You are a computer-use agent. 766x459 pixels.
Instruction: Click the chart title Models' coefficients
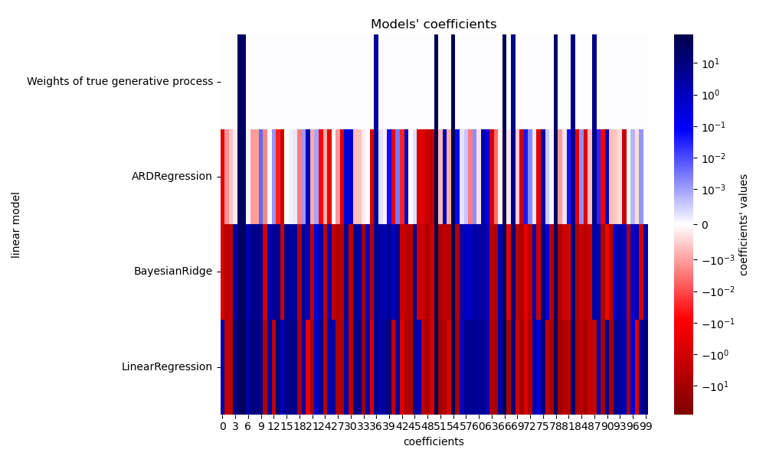pos(434,24)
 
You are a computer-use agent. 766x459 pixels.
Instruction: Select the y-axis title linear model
pos(16,225)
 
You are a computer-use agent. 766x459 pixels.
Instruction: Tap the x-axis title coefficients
pos(434,441)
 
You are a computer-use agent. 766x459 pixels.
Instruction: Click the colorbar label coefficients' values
pos(744,225)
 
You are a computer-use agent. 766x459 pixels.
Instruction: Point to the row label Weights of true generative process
pos(119,81)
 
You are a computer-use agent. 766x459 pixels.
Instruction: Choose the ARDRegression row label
pos(172,177)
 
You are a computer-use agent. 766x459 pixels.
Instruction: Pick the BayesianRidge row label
pos(172,272)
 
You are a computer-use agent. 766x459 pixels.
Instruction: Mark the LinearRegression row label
pos(166,366)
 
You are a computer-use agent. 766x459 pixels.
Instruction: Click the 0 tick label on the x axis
pos(223,425)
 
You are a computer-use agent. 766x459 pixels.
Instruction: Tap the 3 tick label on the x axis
pos(236,425)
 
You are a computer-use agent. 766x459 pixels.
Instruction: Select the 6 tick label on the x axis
pos(248,425)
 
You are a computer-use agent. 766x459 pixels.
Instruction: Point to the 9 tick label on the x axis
pos(261,425)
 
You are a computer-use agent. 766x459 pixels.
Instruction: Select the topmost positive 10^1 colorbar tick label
pos(709,63)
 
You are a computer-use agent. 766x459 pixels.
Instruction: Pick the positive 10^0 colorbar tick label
pos(709,95)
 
